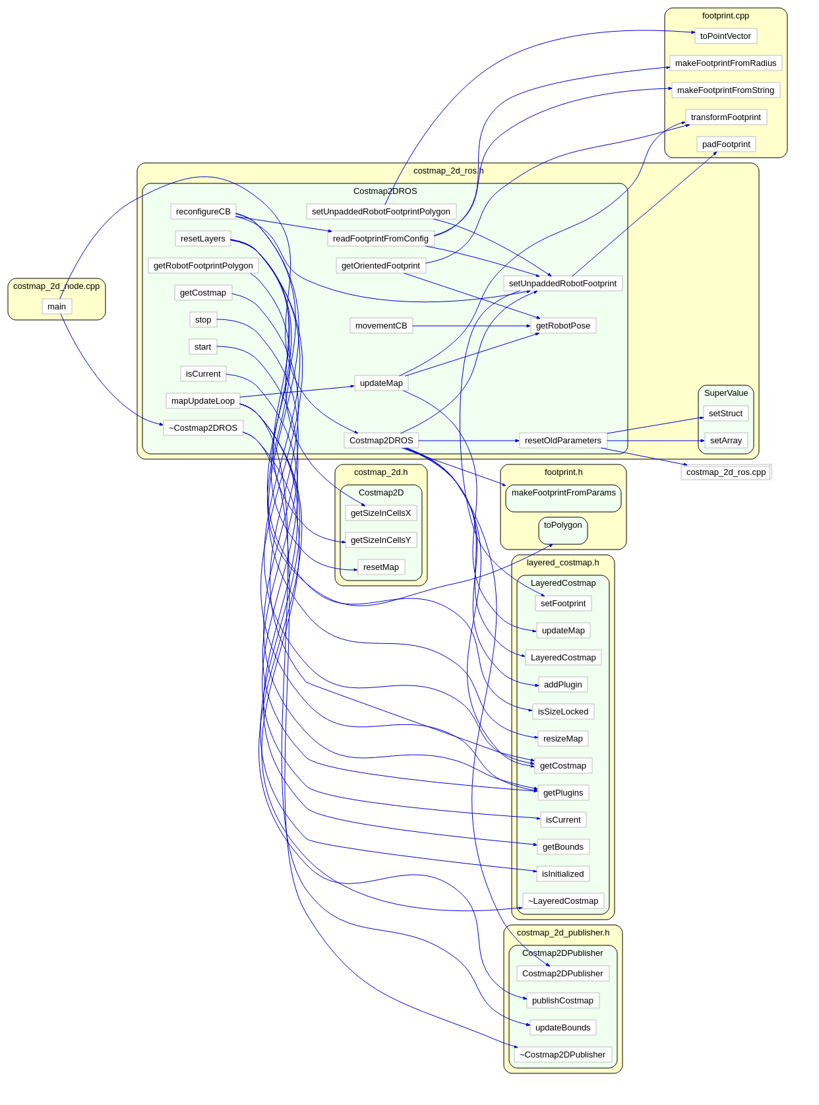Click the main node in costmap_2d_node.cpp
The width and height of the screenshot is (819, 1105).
click(57, 307)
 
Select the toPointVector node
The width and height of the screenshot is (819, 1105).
click(725, 36)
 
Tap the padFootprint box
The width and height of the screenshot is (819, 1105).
click(726, 144)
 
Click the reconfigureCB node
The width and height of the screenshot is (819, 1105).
click(203, 212)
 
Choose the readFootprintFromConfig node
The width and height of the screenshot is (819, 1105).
click(380, 239)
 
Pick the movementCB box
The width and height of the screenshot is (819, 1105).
click(381, 326)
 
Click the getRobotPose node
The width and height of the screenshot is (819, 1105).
click(563, 326)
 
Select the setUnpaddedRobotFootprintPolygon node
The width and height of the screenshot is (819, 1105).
click(381, 212)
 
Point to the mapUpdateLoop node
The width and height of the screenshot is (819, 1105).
click(203, 401)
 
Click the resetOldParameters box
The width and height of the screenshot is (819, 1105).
click(563, 441)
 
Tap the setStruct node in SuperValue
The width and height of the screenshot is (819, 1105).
click(725, 414)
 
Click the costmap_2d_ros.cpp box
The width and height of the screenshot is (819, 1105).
click(726, 472)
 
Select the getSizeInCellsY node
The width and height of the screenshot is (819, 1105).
click(380, 540)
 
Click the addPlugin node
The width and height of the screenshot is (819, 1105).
click(563, 685)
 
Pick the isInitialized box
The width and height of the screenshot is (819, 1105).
click(563, 874)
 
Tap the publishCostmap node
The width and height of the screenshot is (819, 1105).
click(562, 1001)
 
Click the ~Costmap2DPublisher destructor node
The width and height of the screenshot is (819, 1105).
click(562, 1055)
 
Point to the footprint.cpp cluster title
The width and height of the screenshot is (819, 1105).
click(725, 16)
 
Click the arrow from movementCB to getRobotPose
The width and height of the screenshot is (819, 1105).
click(471, 326)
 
